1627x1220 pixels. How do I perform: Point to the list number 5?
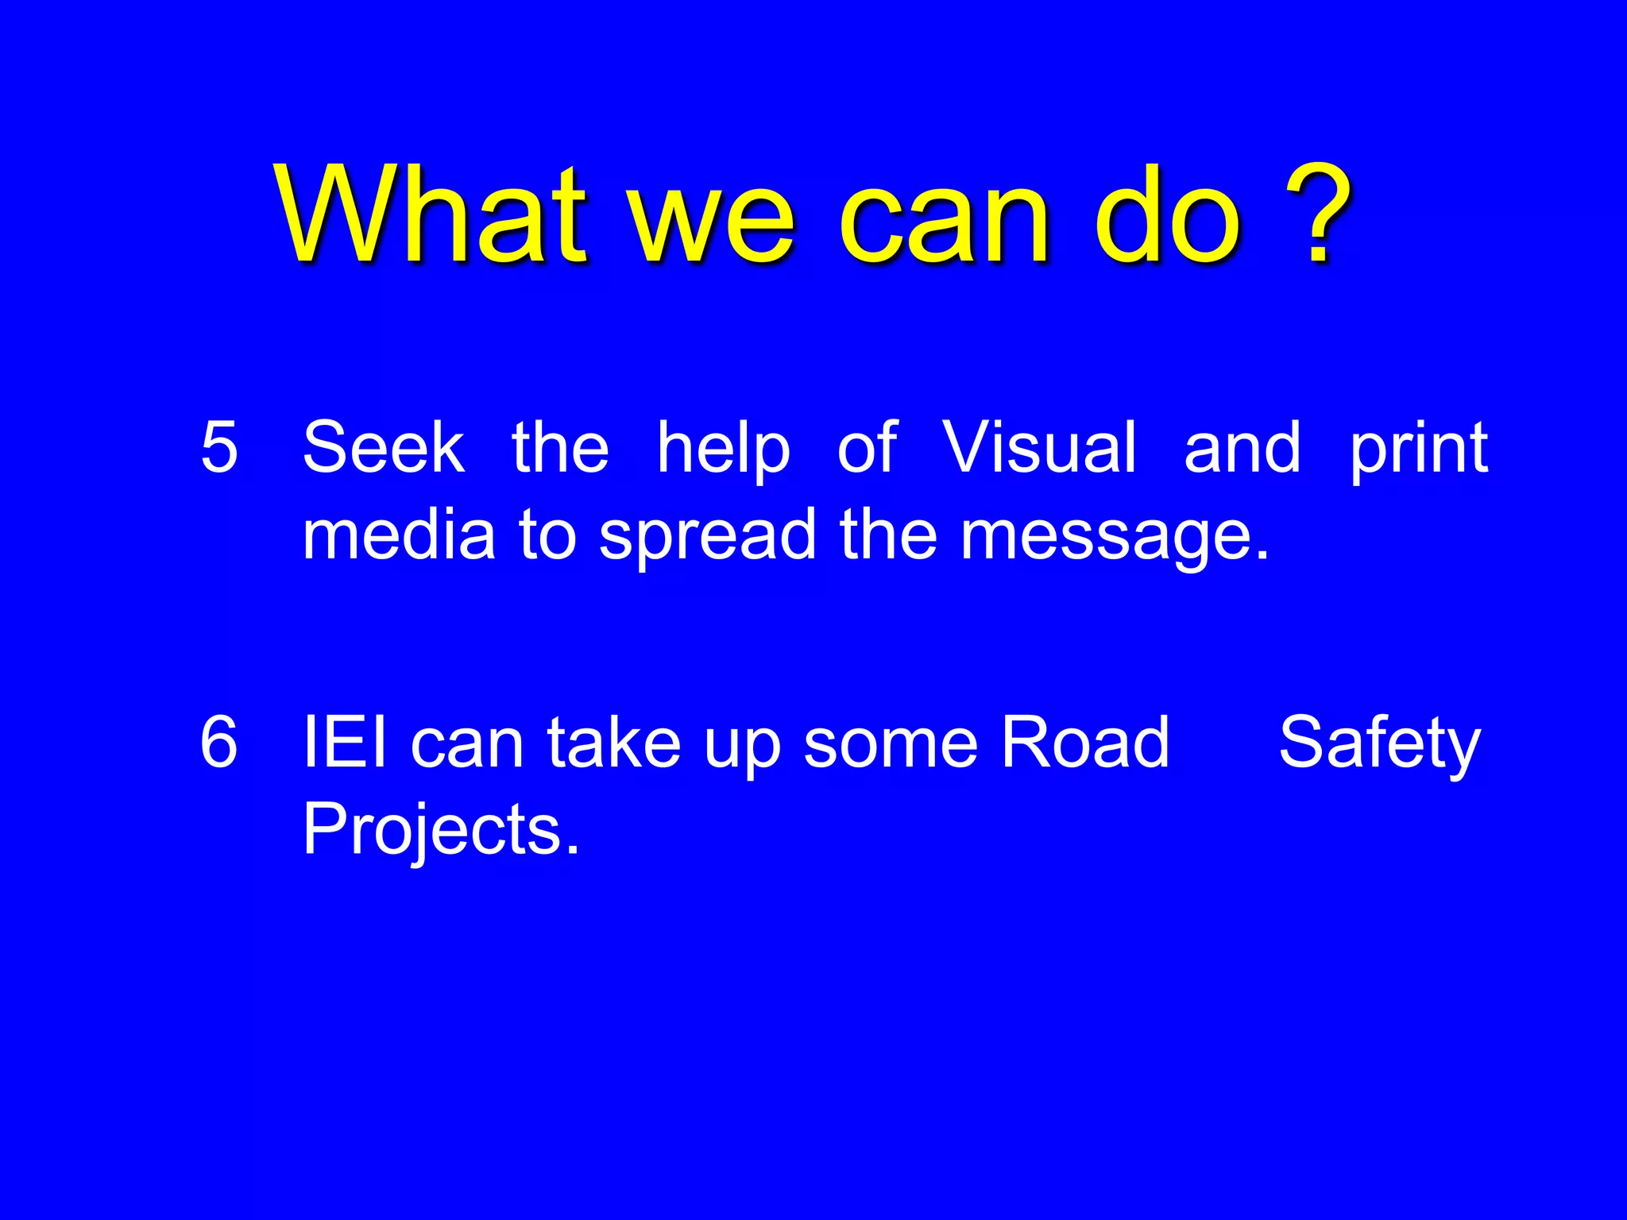pyautogui.click(x=219, y=447)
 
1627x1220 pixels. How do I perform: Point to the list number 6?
pyautogui.click(x=219, y=742)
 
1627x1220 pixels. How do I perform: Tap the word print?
pyautogui.click(x=1419, y=451)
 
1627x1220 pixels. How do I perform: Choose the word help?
pyautogui.click(x=724, y=451)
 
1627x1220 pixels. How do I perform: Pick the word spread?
pyautogui.click(x=708, y=539)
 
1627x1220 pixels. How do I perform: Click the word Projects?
pyautogui.click(x=441, y=831)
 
